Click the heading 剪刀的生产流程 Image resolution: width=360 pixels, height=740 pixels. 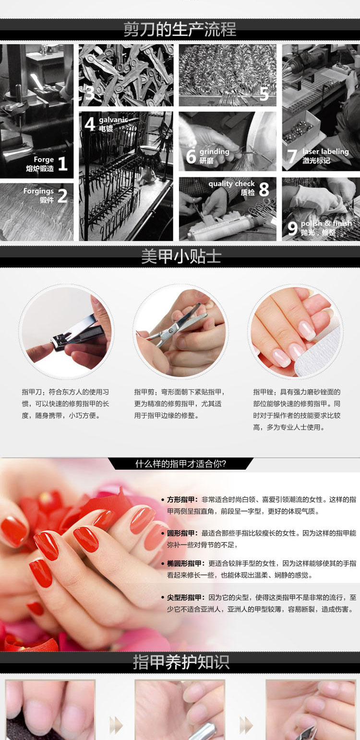click(180, 29)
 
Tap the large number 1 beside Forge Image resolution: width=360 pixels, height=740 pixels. click(63, 164)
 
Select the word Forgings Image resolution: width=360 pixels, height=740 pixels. click(38, 191)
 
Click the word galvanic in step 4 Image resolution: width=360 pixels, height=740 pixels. click(113, 120)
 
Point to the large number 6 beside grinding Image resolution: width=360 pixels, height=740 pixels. click(191, 156)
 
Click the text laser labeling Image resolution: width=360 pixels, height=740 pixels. click(325, 152)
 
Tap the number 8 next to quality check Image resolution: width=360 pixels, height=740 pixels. click(264, 189)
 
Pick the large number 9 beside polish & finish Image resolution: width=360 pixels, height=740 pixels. click(292, 228)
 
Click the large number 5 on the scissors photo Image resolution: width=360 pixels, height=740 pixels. click(264, 94)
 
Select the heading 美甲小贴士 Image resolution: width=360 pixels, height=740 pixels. click(181, 256)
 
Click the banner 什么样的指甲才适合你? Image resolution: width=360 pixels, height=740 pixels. click(180, 464)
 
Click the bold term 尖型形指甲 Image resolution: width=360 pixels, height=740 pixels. click(186, 597)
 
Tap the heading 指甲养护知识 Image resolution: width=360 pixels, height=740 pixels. click(181, 662)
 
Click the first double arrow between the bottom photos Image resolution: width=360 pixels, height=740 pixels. click(116, 726)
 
